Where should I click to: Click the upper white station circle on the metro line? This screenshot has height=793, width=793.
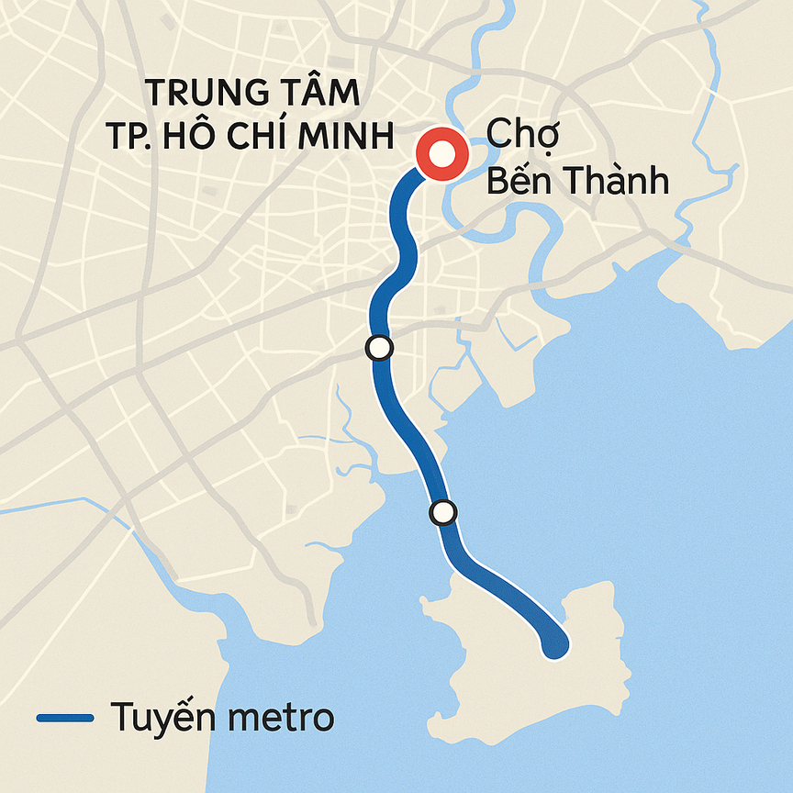click(379, 348)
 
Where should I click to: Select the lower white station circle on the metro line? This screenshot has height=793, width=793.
click(443, 512)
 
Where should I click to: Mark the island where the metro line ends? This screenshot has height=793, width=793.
click(514, 670)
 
